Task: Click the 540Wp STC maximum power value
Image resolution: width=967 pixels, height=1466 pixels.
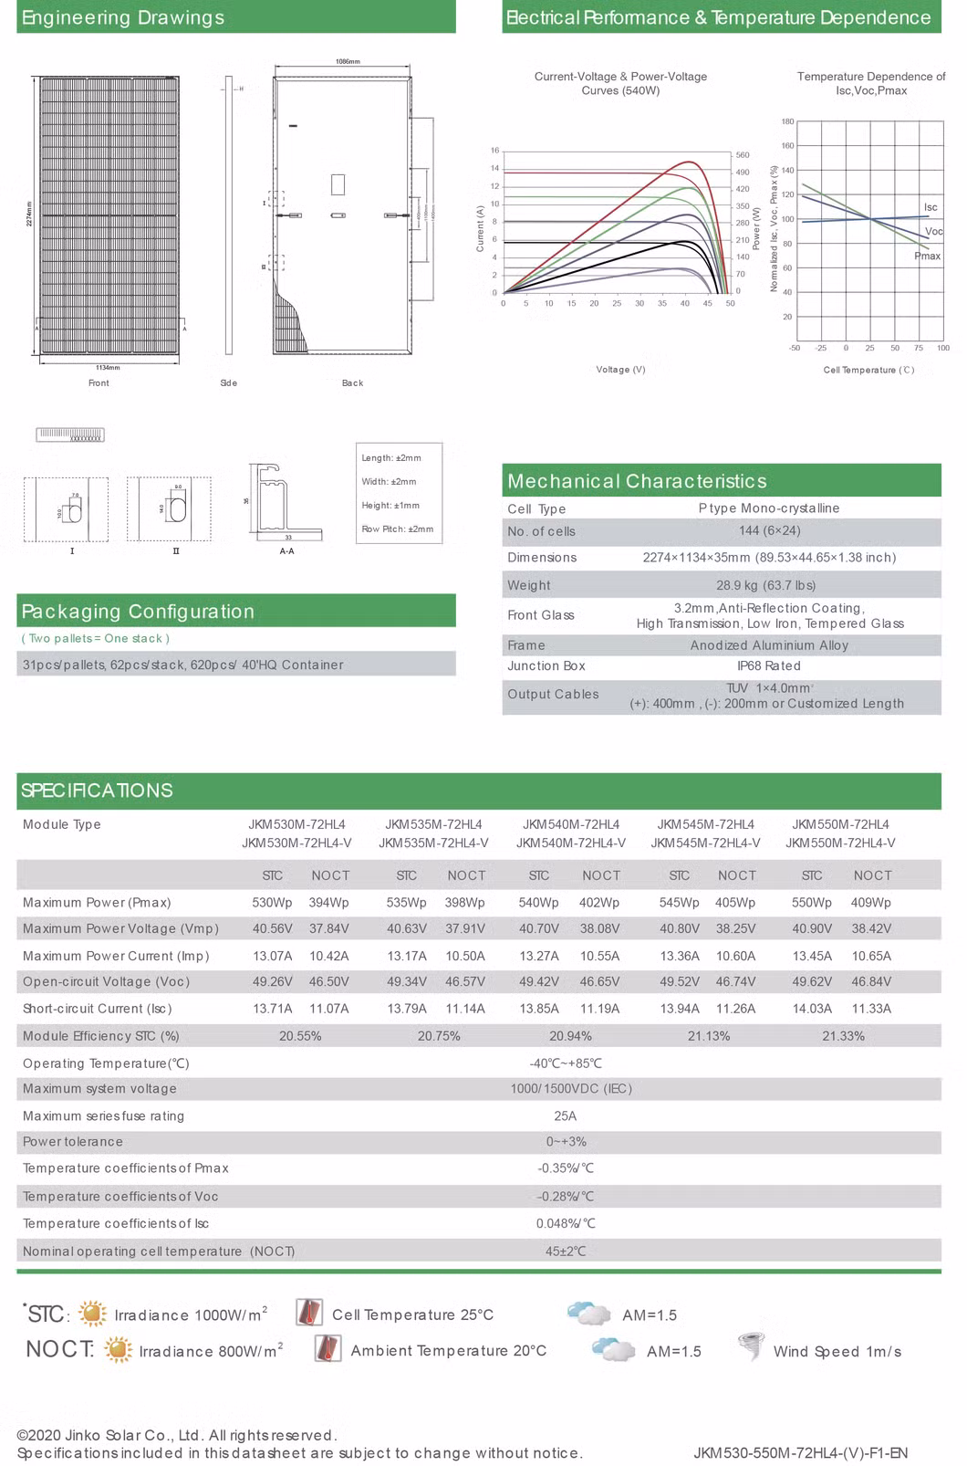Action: pos(538,903)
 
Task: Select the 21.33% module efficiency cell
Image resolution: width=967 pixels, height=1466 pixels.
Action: pos(843,1036)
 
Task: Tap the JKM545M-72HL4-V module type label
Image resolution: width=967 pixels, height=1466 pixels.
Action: pos(705,843)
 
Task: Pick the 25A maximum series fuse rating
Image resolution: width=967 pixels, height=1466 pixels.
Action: pos(565,1115)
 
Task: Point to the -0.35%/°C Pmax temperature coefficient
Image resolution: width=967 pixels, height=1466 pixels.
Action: pos(565,1168)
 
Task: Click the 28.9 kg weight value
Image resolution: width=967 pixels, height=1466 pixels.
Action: pos(765,585)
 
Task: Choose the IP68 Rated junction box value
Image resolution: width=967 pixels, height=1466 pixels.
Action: pos(768,666)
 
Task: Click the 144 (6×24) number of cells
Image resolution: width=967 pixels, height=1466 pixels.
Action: pos(768,531)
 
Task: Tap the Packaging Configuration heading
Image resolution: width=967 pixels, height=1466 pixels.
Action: pos(138,612)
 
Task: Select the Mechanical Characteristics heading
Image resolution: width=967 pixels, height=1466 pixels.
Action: pos(637,481)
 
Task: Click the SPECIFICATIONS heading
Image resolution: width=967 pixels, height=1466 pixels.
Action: pos(97,791)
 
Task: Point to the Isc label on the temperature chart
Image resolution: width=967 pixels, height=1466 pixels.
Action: pos(931,208)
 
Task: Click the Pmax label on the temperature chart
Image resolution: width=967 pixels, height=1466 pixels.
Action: pos(927,257)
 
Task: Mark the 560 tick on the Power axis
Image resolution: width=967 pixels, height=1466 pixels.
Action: pos(743,155)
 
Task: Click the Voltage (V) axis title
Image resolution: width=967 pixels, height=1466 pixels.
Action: pos(620,370)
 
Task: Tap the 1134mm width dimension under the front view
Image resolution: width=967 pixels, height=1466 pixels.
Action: pos(108,367)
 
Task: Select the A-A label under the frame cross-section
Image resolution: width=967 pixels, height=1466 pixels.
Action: pos(286,551)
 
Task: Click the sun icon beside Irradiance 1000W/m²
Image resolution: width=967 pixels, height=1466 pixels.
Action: pos(92,1314)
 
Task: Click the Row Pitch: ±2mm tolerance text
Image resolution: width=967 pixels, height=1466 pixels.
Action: pos(397,529)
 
